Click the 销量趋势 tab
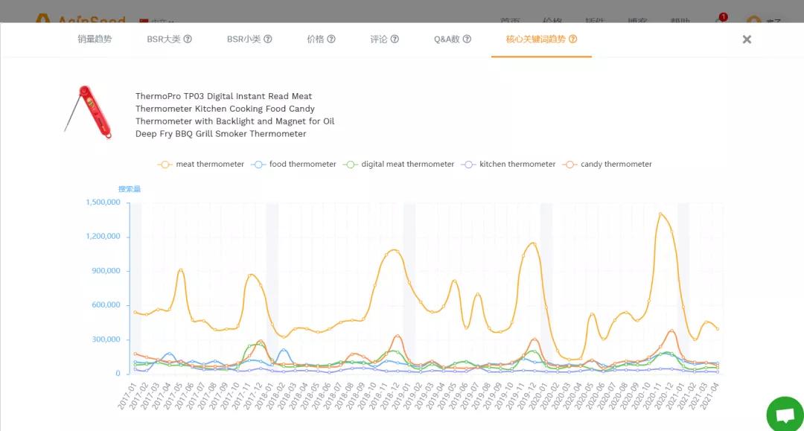(x=95, y=39)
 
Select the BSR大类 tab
(x=169, y=39)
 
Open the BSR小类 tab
(x=249, y=39)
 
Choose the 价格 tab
(x=321, y=39)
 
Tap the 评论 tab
(x=384, y=39)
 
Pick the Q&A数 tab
(x=452, y=39)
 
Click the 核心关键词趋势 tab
(x=541, y=39)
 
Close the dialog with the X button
(x=747, y=39)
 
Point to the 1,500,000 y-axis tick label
(x=103, y=202)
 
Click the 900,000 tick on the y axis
(x=106, y=271)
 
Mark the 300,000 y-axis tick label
(x=106, y=339)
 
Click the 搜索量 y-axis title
(x=130, y=189)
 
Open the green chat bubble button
(x=785, y=415)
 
